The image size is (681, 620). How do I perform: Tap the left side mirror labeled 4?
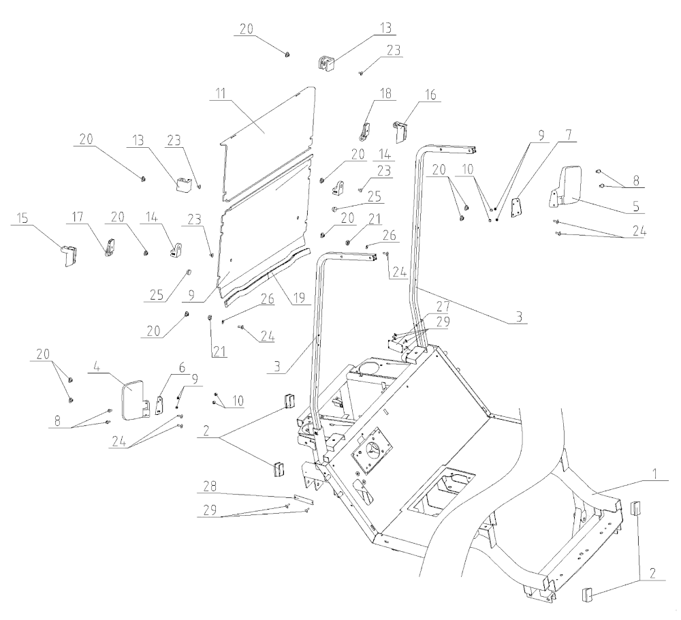[132, 400]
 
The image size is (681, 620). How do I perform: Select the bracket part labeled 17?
[109, 245]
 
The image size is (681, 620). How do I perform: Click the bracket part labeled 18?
[366, 129]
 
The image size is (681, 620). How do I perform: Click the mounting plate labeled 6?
[161, 405]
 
